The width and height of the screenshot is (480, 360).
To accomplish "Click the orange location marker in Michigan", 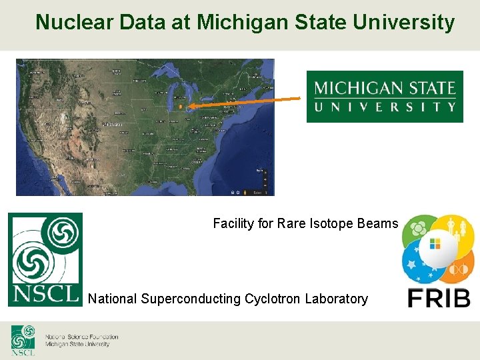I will (x=179, y=105).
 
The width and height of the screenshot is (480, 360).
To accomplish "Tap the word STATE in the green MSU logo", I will (x=424, y=88).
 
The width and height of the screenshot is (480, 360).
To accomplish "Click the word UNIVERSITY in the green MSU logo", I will (x=385, y=107).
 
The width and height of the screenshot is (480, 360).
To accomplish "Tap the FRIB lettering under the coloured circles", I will (x=439, y=298).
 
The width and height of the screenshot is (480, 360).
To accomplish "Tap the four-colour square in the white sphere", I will (x=435, y=243).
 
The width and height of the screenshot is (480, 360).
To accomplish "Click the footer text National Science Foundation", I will (x=81, y=337).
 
